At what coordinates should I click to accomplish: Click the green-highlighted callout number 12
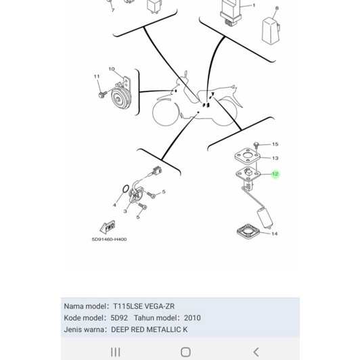(x=275, y=174)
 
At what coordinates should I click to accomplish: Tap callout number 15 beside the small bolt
(x=275, y=144)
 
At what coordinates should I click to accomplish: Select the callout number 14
(x=274, y=234)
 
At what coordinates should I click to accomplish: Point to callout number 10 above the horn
(x=112, y=69)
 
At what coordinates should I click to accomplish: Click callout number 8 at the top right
(x=276, y=9)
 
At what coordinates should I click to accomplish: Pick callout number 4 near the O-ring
(x=115, y=205)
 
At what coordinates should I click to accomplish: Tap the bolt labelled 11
(x=102, y=93)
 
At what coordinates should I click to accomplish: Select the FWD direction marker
(x=108, y=226)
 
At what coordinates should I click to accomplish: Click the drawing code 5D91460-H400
(x=109, y=239)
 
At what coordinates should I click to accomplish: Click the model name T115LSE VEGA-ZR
(x=143, y=306)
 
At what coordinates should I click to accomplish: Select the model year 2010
(x=192, y=317)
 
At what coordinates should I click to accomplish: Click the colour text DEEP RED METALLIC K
(x=150, y=330)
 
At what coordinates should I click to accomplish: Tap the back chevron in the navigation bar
(x=256, y=351)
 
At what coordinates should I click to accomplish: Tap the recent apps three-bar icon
(x=115, y=351)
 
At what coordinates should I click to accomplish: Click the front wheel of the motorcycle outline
(x=166, y=112)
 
